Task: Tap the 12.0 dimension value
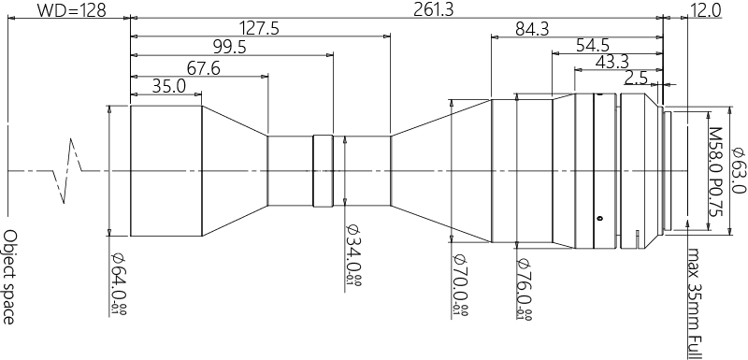tap(705, 10)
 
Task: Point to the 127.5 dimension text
tap(259, 28)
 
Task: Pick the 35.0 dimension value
tap(168, 86)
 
